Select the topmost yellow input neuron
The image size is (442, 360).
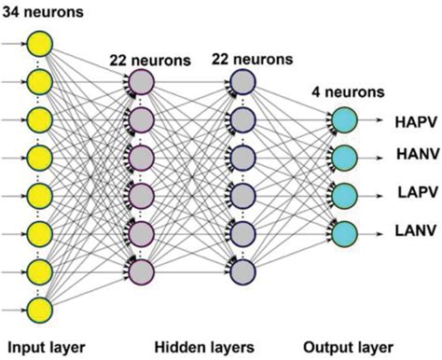tap(39, 43)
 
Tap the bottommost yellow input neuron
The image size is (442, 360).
tap(39, 309)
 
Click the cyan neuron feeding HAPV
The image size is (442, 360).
tap(344, 120)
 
